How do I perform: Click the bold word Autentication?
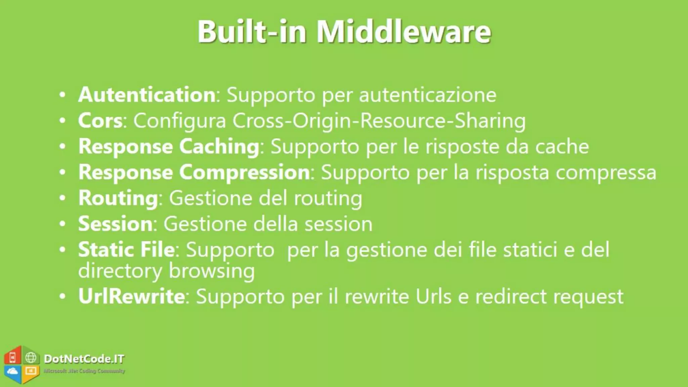click(147, 95)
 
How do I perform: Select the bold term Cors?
click(100, 121)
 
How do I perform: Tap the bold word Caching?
click(219, 147)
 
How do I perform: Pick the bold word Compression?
click(244, 172)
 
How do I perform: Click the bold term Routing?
click(118, 198)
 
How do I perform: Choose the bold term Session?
click(116, 224)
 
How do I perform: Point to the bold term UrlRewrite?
click(131, 296)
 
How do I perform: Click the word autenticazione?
click(428, 95)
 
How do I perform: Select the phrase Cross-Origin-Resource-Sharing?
click(379, 121)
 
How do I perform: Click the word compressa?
click(606, 172)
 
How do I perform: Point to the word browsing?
click(211, 271)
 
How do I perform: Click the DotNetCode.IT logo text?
click(84, 359)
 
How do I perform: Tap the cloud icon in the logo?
click(12, 371)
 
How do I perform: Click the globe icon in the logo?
click(31, 357)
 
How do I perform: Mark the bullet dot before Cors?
click(62, 121)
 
